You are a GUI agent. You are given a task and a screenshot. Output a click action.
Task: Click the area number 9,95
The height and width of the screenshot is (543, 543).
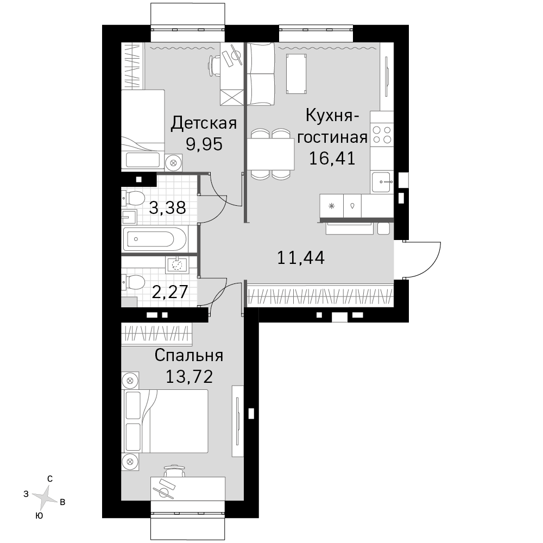[x=204, y=144]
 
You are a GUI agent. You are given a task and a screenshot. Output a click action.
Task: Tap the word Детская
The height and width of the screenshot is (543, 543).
[x=204, y=123]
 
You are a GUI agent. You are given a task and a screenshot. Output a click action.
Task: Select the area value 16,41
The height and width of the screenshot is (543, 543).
[x=332, y=158]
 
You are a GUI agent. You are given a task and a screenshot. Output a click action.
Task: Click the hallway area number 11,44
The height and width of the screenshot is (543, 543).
[x=301, y=257]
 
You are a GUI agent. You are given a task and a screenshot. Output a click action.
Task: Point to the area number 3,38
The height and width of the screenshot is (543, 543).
[x=168, y=208]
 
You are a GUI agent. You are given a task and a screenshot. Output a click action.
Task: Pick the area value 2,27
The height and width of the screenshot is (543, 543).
[x=170, y=292]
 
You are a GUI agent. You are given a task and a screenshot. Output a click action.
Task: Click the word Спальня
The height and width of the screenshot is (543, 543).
[x=189, y=356]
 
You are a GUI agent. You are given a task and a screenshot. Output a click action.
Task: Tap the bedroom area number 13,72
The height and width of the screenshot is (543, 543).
[x=189, y=376]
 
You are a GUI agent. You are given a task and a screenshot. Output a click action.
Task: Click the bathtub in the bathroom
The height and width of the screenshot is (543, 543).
[x=155, y=239]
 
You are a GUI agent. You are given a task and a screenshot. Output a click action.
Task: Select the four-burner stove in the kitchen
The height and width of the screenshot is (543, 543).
[x=382, y=135]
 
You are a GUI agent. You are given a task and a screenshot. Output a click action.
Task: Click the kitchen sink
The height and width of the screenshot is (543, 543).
[x=382, y=182]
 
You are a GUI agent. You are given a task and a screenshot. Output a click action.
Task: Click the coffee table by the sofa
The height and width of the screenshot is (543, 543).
[x=296, y=74]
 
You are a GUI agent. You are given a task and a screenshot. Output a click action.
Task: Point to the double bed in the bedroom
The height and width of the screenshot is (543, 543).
[x=165, y=421]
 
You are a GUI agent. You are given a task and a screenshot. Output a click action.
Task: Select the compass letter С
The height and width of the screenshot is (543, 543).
[x=50, y=479]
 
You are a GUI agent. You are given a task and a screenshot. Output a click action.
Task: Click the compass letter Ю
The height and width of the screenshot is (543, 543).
[x=40, y=516]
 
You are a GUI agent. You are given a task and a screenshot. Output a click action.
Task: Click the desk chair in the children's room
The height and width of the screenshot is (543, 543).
[x=214, y=66]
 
